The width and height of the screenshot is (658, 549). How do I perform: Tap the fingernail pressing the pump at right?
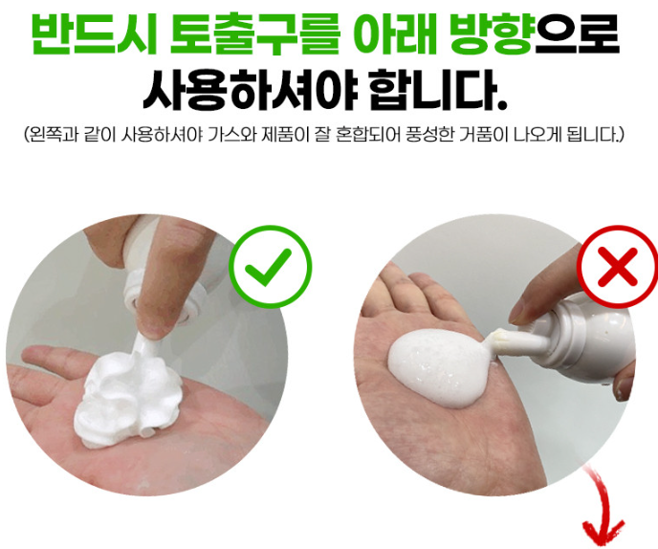point(519,315)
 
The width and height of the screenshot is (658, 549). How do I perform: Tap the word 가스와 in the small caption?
point(231,135)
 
